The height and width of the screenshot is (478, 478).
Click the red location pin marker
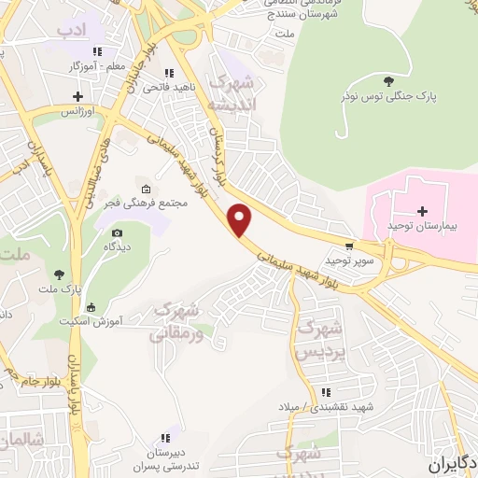pos(241,219)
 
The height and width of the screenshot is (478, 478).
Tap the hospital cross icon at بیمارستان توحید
pos(422,210)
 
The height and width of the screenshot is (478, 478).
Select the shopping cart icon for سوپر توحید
pos(349,247)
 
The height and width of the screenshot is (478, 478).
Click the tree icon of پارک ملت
pos(60,274)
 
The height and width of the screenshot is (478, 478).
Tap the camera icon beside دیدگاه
pos(117,232)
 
